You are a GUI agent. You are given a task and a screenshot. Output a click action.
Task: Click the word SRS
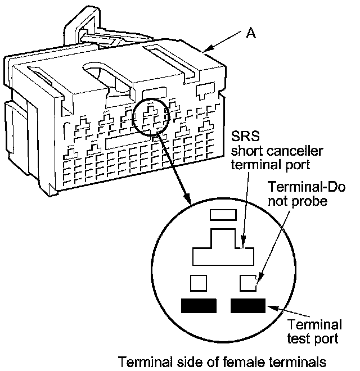pos(245,138)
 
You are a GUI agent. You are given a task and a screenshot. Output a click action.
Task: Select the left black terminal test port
pos(199,306)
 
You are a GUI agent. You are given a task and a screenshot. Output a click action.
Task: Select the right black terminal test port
pos(248,306)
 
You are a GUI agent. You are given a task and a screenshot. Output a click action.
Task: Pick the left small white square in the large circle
pos(199,282)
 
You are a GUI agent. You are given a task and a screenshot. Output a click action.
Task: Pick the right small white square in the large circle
pos(248,282)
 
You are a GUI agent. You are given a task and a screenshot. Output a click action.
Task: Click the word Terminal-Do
pos(307,187)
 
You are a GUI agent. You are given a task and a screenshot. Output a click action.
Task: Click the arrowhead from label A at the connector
pos(208,51)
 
